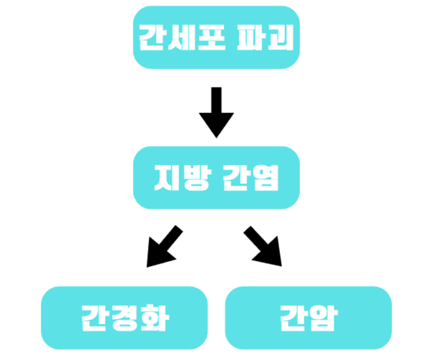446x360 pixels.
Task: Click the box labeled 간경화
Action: [x=125, y=318]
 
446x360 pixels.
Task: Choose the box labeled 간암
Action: [x=308, y=318]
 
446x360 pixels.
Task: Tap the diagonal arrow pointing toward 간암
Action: [x=264, y=247]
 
